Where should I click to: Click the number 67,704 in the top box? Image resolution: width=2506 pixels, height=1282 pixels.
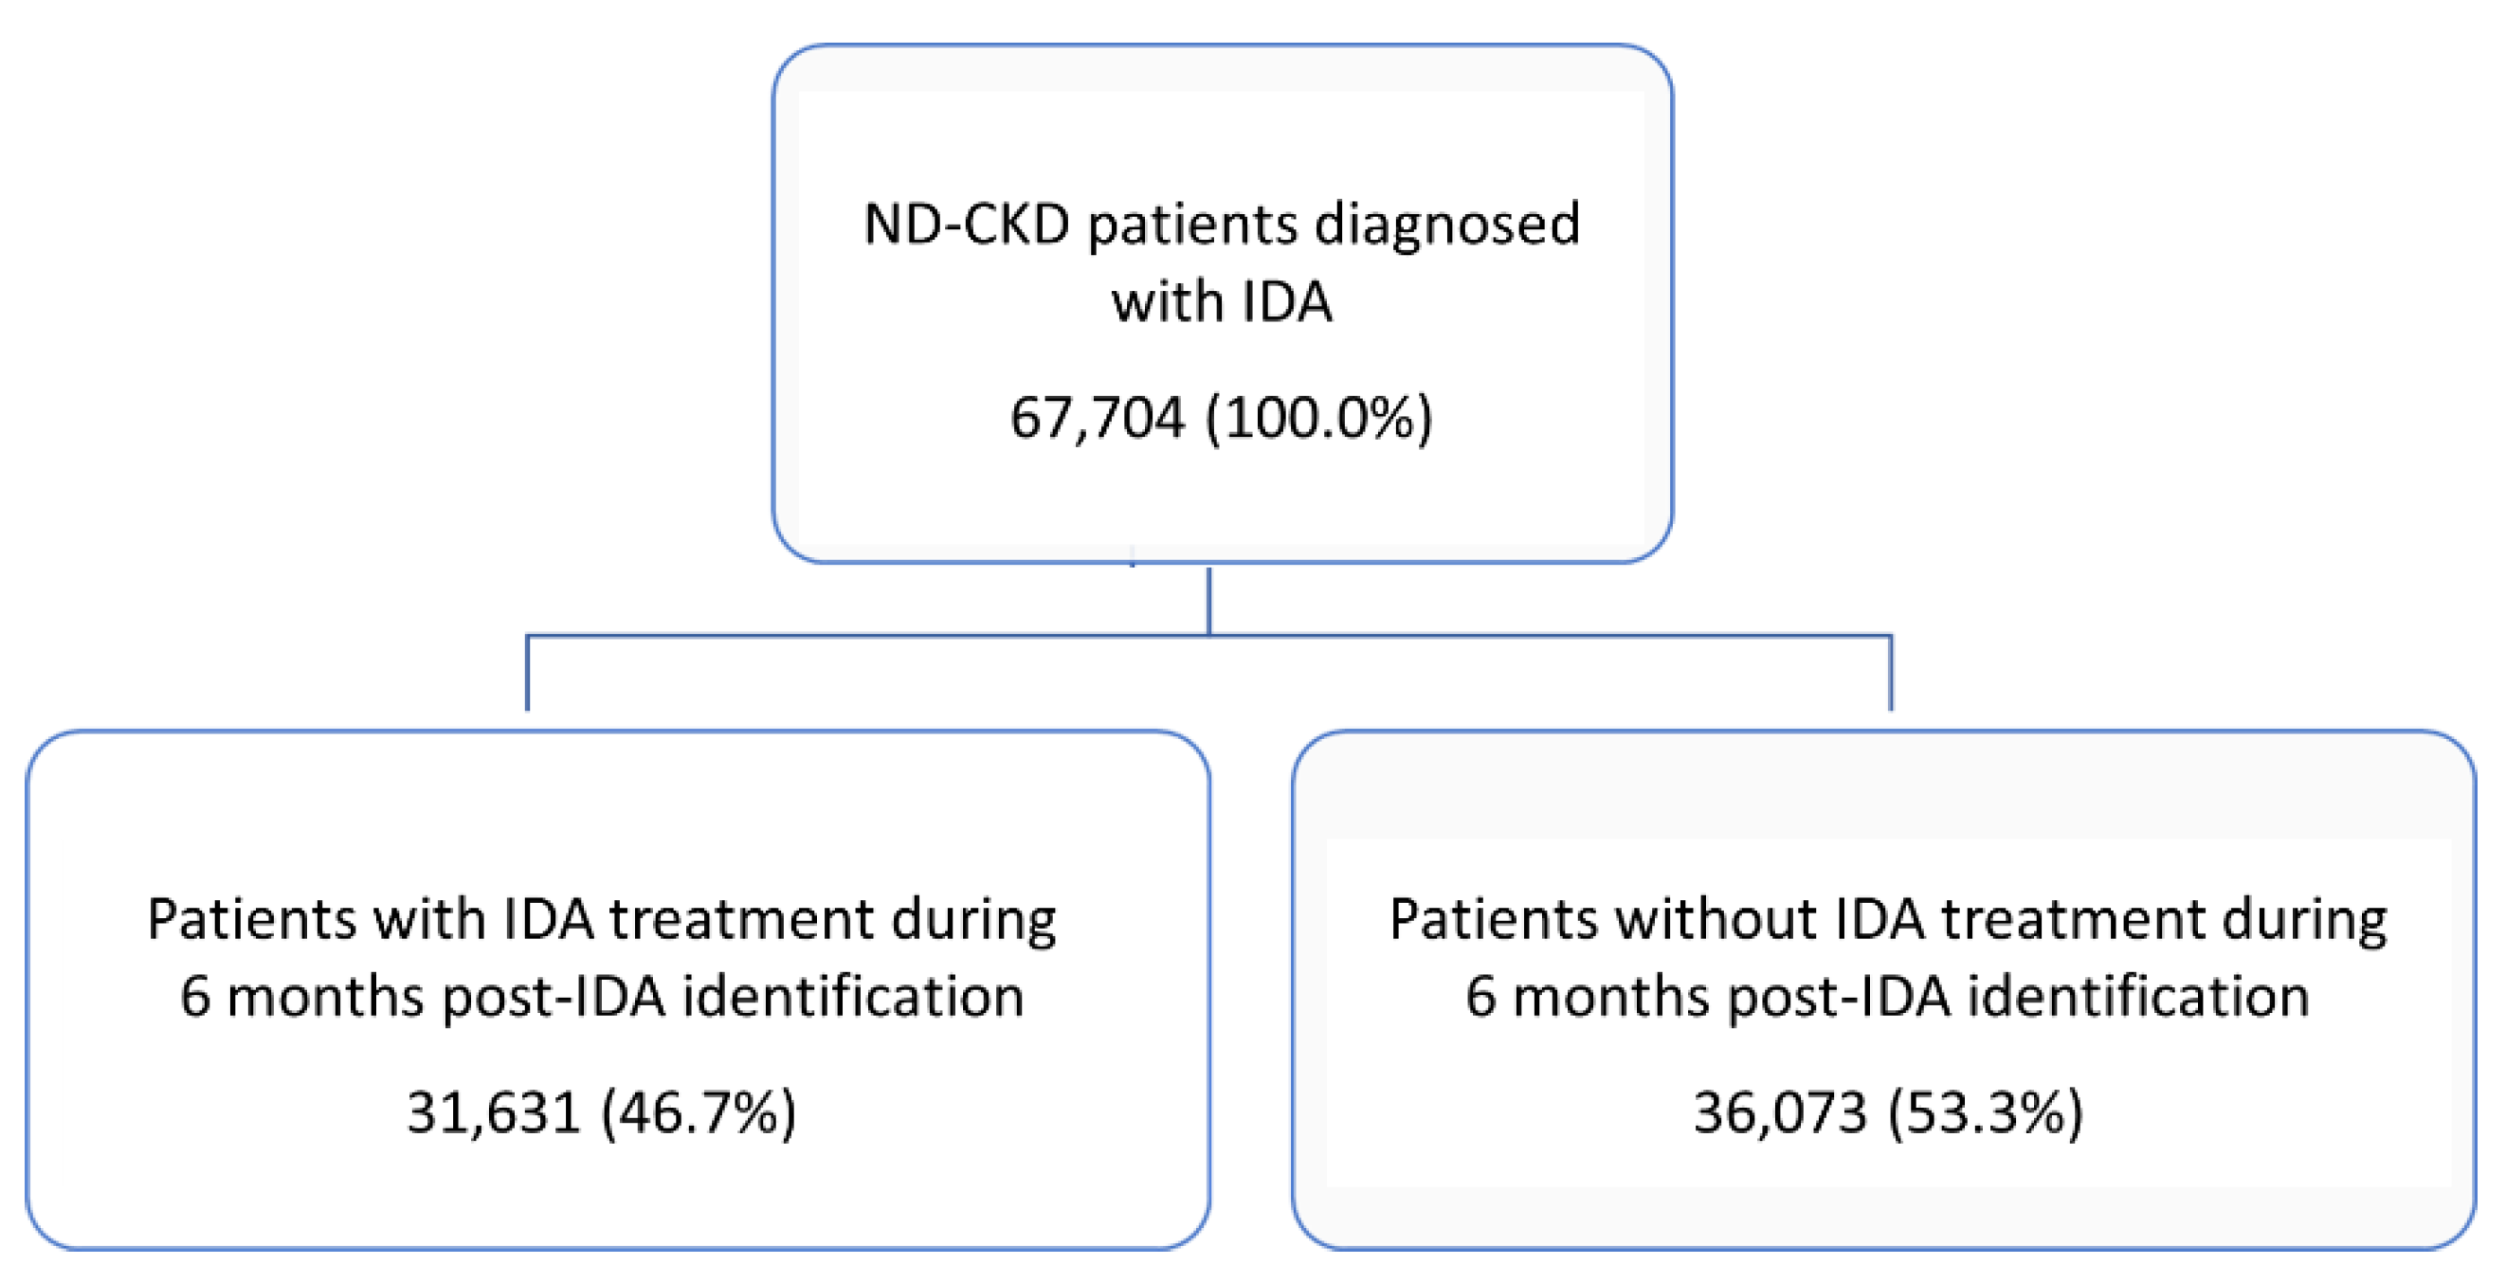(1097, 417)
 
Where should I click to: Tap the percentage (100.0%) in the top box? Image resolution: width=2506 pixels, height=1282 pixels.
(1318, 417)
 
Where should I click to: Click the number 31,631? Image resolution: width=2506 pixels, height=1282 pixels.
(493, 1111)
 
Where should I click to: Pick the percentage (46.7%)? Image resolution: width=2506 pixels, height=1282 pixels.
(699, 1111)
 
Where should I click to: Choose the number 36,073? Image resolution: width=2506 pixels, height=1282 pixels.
(1779, 1111)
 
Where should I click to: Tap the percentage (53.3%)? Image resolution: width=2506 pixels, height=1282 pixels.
(1985, 1111)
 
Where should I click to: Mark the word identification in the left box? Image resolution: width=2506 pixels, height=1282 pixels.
(852, 996)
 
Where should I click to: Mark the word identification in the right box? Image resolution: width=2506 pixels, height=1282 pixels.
(2138, 996)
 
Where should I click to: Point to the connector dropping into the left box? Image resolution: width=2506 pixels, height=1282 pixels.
(527, 673)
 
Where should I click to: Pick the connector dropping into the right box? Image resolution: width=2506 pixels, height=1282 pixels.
(1890, 673)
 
